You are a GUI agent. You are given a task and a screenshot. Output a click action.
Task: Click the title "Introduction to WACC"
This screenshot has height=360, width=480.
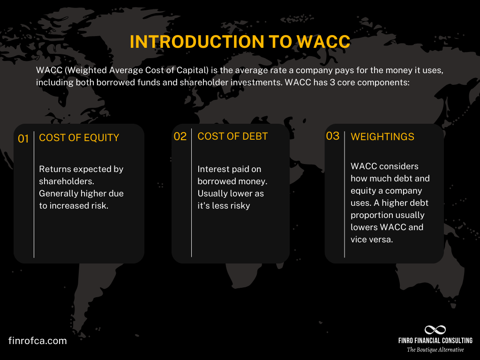point(240,42)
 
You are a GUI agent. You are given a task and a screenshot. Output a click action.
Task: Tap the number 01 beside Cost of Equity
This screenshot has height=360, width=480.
point(23,139)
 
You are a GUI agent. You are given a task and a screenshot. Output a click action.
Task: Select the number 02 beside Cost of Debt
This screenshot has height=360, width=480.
point(180,136)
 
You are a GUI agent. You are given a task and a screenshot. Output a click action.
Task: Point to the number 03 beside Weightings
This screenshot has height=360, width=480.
point(332,136)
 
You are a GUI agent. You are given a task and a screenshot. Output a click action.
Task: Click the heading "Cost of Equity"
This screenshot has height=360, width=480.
point(79,138)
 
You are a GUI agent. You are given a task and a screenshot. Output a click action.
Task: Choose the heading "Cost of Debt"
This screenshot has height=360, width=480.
point(232,136)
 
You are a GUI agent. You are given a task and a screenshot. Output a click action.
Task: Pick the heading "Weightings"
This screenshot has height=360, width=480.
point(382,137)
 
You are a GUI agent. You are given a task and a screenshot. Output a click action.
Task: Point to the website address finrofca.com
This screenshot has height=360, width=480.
point(37,341)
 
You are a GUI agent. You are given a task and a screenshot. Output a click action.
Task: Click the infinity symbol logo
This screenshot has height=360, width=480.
point(435,330)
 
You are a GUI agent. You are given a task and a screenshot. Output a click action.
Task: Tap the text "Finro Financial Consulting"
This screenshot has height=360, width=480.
point(435,341)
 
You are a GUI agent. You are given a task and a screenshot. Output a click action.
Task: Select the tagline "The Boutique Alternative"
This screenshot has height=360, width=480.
point(435,350)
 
